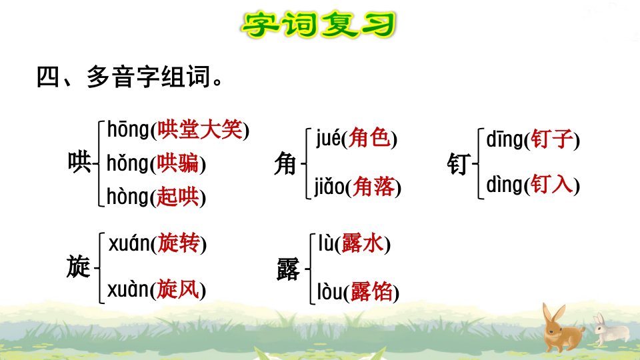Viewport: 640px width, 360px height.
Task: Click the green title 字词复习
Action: pyautogui.click(x=319, y=25)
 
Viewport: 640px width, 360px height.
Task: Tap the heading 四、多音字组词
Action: pyautogui.click(x=129, y=76)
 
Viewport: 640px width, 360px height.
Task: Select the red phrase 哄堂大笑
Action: pyautogui.click(x=200, y=130)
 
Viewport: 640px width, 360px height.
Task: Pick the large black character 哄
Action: pyautogui.click(x=79, y=162)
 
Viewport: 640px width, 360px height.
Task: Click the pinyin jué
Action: pyautogui.click(x=328, y=139)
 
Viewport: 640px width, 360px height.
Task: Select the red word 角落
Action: pyautogui.click(x=374, y=187)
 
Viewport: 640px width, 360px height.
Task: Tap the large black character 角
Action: pyautogui.click(x=285, y=164)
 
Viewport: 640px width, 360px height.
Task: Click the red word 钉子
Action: pyautogui.click(x=552, y=139)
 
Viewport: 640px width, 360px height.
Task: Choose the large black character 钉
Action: pyautogui.click(x=459, y=164)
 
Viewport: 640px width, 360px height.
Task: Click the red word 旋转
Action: pyautogui.click(x=179, y=243)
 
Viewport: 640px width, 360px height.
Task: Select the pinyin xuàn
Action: pyautogui.click(x=128, y=289)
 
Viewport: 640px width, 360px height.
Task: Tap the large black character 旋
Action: pyautogui.click(x=79, y=267)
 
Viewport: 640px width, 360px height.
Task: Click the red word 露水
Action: pyautogui.click(x=363, y=243)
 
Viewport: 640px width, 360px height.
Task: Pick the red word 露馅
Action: pyautogui.click(x=371, y=291)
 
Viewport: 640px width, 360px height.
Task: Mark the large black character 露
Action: pyautogui.click(x=288, y=269)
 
